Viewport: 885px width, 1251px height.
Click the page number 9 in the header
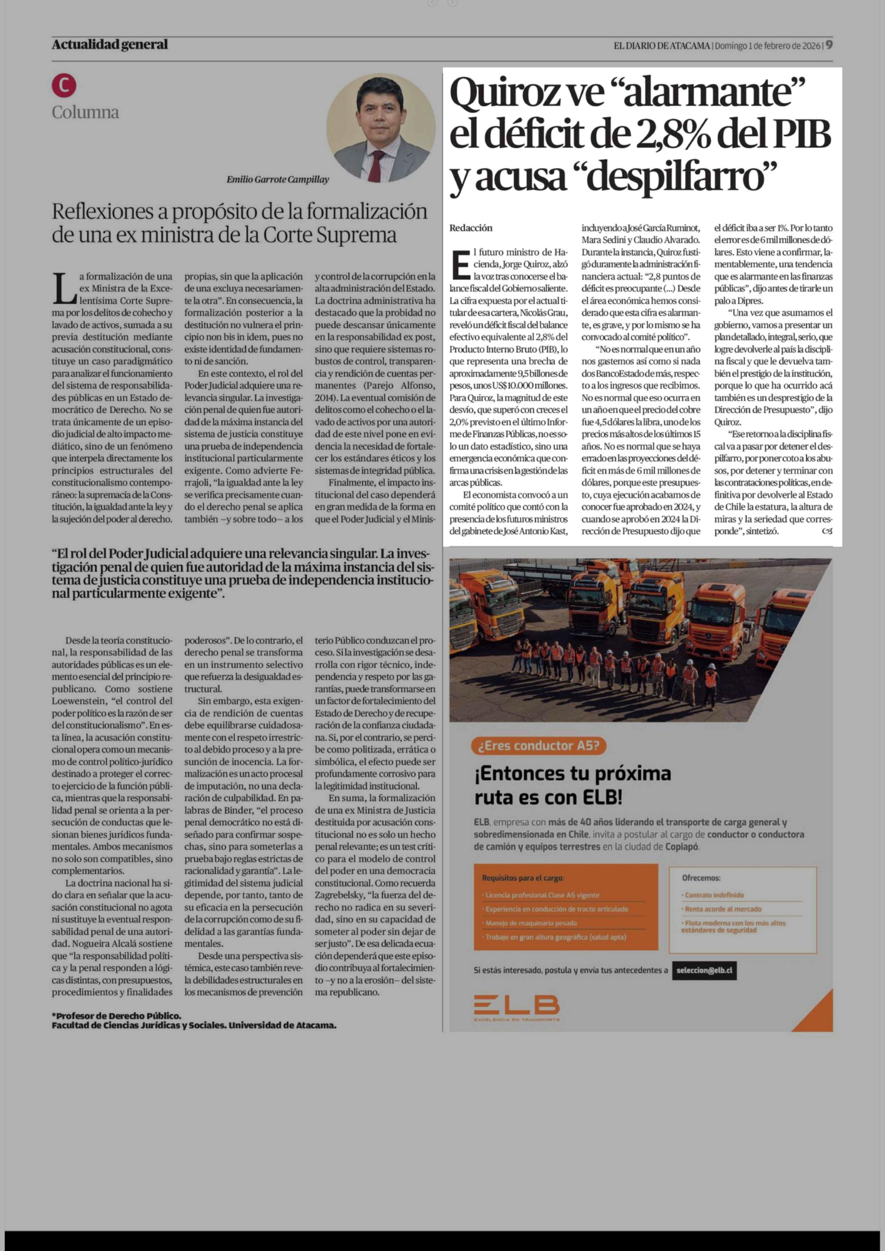[x=828, y=45]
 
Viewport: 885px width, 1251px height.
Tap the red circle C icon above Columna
[x=64, y=86]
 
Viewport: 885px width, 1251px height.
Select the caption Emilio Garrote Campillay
[x=278, y=179]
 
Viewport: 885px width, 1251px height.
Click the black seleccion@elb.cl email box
[x=704, y=970]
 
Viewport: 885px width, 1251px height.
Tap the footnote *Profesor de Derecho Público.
[x=117, y=1016]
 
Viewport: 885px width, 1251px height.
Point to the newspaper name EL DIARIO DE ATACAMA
[x=662, y=46]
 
